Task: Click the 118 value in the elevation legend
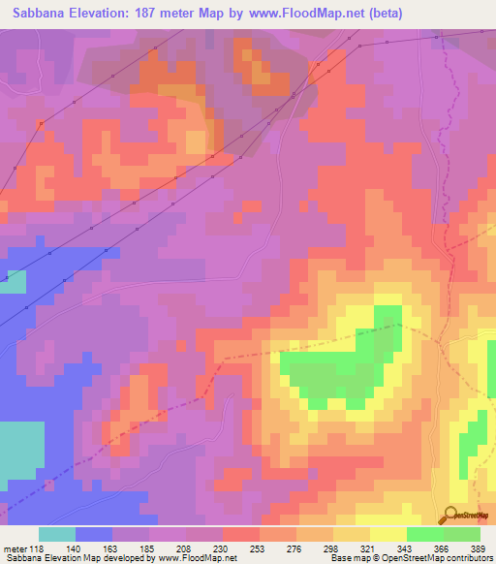point(38,548)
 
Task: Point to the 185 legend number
point(148,548)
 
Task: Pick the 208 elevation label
point(185,548)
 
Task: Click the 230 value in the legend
point(222,548)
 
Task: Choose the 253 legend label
point(259,548)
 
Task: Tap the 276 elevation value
point(295,548)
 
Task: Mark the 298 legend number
point(332,548)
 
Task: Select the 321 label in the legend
point(369,548)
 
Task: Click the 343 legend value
point(406,548)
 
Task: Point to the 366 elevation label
point(443,548)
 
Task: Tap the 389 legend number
point(480,548)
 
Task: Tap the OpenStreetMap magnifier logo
point(452,515)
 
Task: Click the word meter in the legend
point(15,548)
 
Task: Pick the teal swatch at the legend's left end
point(56,534)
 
